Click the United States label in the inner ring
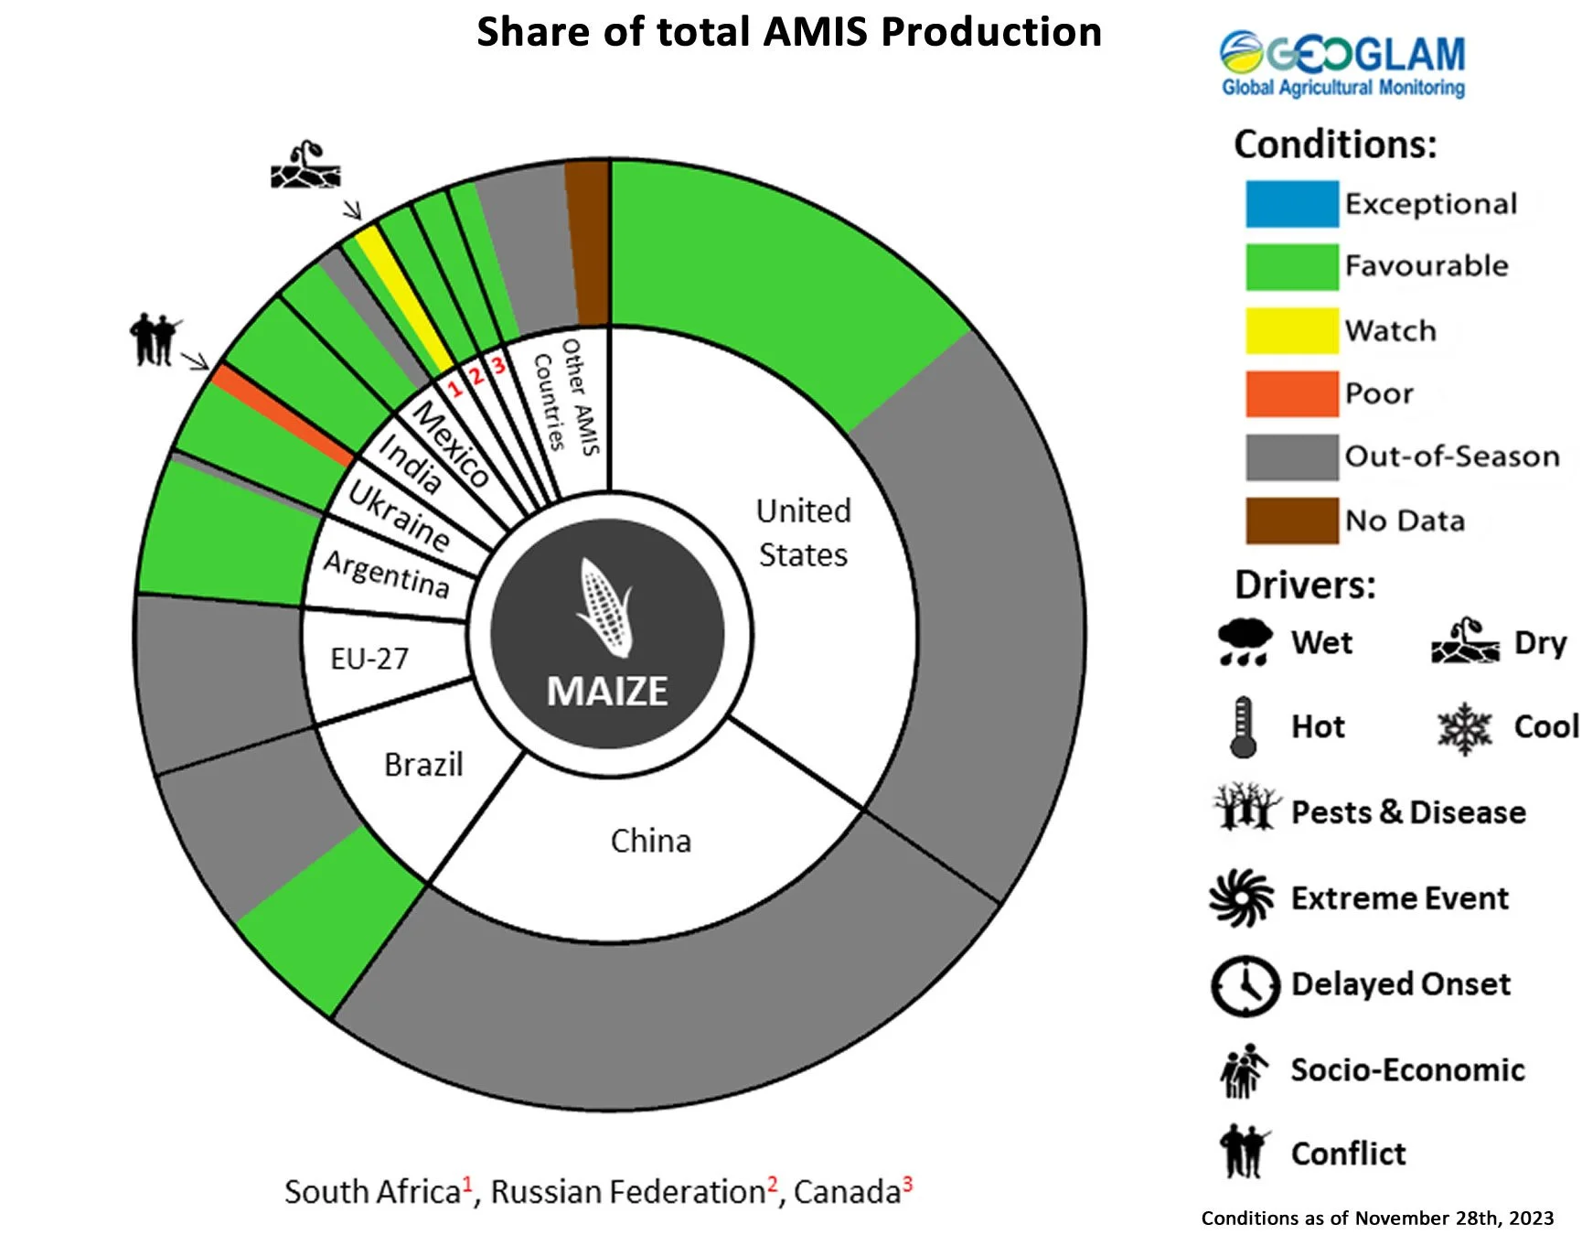(x=803, y=532)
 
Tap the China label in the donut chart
(x=650, y=841)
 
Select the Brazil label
(x=423, y=764)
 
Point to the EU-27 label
(x=369, y=658)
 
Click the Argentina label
(x=387, y=574)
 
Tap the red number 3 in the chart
(x=498, y=366)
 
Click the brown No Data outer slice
(x=587, y=242)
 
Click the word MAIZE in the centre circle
(x=607, y=692)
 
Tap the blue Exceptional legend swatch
(x=1291, y=204)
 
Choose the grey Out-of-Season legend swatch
(x=1291, y=456)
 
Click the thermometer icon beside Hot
(x=1242, y=727)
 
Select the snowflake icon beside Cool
(x=1464, y=728)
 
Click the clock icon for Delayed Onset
(x=1245, y=986)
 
